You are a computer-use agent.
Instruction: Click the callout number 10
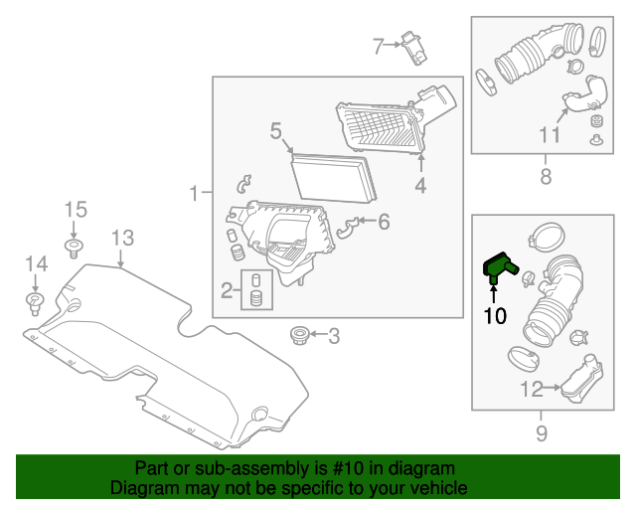click(494, 316)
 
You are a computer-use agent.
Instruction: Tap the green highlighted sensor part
click(496, 266)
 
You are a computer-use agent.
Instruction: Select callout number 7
click(378, 46)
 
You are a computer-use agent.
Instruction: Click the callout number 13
click(121, 238)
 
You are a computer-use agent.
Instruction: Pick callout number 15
click(77, 210)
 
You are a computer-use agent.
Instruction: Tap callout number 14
click(37, 263)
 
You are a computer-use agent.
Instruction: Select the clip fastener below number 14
click(35, 300)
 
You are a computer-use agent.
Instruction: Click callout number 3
click(333, 336)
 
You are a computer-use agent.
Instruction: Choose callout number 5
click(276, 130)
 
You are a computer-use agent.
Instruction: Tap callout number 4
click(420, 185)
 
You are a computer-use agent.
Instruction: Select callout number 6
click(384, 221)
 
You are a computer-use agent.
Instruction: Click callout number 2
click(227, 290)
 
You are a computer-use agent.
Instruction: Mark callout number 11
click(550, 134)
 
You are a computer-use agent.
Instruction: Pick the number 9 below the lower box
click(542, 432)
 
